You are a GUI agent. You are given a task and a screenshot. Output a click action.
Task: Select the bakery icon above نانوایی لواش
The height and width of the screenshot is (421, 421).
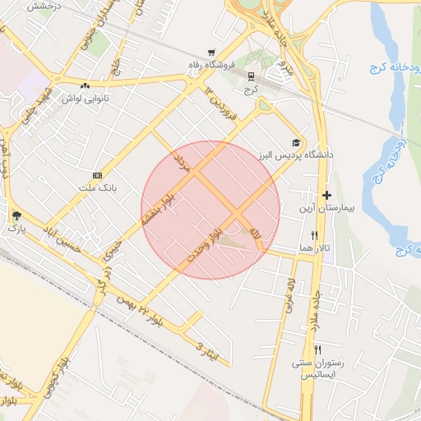click(86, 86)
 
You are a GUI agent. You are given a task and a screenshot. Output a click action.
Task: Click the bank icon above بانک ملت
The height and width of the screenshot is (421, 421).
click(98, 175)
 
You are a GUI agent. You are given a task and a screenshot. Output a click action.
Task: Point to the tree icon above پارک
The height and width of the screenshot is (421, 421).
click(17, 215)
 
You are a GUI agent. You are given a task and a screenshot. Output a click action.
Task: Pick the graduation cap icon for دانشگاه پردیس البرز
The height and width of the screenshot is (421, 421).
click(295, 142)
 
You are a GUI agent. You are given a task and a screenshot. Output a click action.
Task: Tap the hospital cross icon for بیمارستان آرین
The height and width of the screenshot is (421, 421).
click(327, 196)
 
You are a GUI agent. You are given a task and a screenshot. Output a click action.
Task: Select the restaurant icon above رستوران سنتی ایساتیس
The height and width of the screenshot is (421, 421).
click(317, 349)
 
